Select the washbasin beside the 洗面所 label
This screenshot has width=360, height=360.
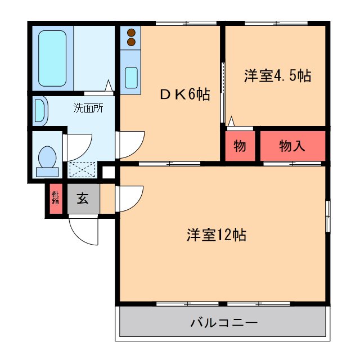(x=40, y=111)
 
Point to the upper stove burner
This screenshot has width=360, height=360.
(x=132, y=33)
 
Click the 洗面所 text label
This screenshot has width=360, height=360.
(x=88, y=108)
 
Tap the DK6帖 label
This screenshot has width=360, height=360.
(x=184, y=95)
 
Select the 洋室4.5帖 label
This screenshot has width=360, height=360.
(x=277, y=76)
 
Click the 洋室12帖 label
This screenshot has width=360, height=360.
(x=217, y=235)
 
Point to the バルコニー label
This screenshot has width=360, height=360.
(x=223, y=323)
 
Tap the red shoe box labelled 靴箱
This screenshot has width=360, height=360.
(x=56, y=198)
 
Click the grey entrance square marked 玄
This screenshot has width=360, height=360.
(x=83, y=198)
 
